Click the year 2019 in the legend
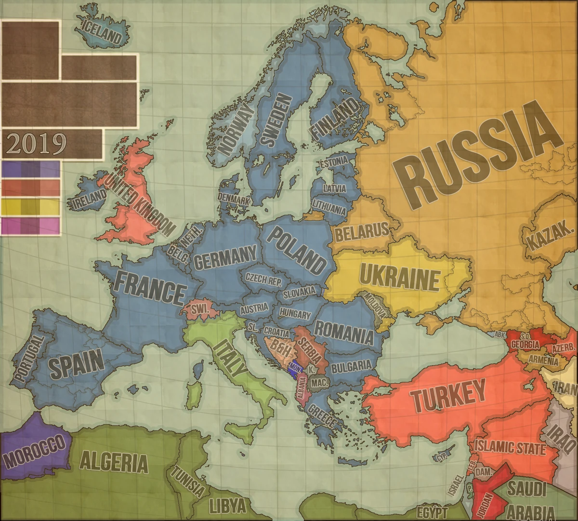(x=37, y=143)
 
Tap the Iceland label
(x=102, y=32)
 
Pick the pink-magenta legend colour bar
(x=31, y=226)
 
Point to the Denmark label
(x=234, y=198)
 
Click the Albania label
(x=302, y=389)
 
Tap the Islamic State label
(x=510, y=448)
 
